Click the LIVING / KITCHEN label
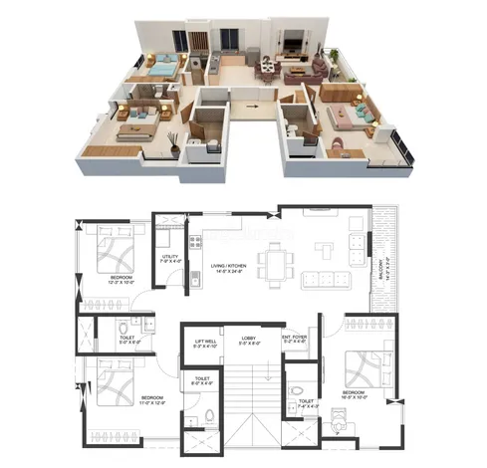pos(230,268)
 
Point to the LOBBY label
pos(248,340)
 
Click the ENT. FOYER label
pos(294,340)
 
